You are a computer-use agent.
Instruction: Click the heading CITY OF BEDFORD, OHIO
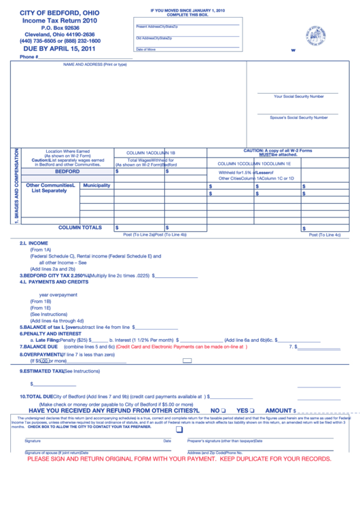pos(60,14)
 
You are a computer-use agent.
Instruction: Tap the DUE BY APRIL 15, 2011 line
pos(60,49)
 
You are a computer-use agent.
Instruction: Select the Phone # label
pos(29,57)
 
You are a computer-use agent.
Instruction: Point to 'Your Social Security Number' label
pos(298,96)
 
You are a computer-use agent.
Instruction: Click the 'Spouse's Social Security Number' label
pos(298,118)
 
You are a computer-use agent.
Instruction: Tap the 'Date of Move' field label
pos(145,50)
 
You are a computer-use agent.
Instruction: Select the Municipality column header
pos(96,186)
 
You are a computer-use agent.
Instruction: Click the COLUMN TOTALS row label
pos(79,228)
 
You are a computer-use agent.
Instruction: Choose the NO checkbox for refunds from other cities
pos(223,411)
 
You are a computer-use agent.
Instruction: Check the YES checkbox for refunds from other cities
pos(251,411)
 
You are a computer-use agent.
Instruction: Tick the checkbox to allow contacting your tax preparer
pos(179,429)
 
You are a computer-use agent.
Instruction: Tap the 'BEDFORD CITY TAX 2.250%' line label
pos(54,276)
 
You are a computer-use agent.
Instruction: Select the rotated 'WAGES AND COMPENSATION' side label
pos(15,186)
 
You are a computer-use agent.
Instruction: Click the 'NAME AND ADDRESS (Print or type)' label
pos(94,65)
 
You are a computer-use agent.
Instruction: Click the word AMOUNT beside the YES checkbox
pos(278,410)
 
